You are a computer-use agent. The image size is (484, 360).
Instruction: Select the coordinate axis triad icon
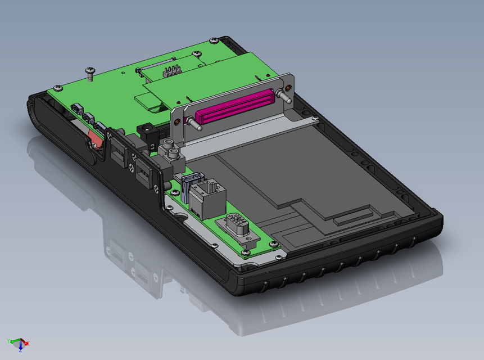pos(18,343)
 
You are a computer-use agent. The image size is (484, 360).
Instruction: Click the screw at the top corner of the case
pos(215,40)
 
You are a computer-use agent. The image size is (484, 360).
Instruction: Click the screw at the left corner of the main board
pos(57,88)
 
